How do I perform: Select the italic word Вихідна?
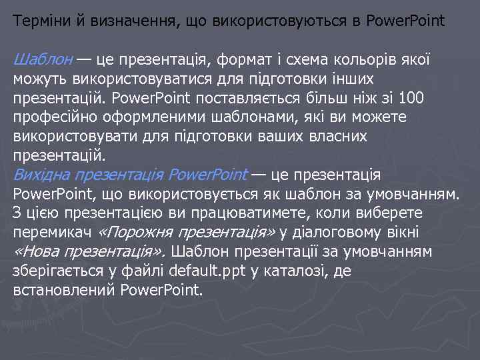41,175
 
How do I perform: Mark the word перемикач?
52,233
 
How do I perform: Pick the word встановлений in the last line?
64,291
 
